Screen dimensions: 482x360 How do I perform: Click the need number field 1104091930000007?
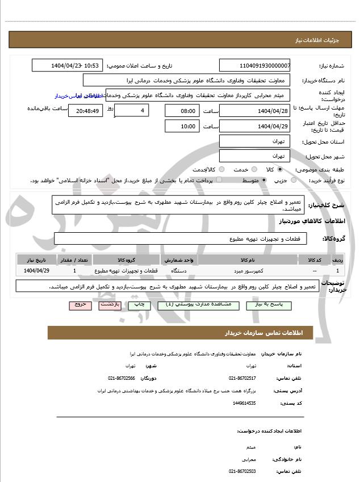(x=254, y=65)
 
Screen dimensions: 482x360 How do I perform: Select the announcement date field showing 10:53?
(x=68, y=65)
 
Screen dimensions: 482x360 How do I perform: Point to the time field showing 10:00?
(x=182, y=126)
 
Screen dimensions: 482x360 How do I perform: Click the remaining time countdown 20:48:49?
(x=85, y=110)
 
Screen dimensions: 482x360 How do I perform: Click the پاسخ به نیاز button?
(x=270, y=305)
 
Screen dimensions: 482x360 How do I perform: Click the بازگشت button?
(x=110, y=305)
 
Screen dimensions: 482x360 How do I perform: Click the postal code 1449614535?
(x=244, y=403)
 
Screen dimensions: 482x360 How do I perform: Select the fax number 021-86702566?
(x=122, y=378)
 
